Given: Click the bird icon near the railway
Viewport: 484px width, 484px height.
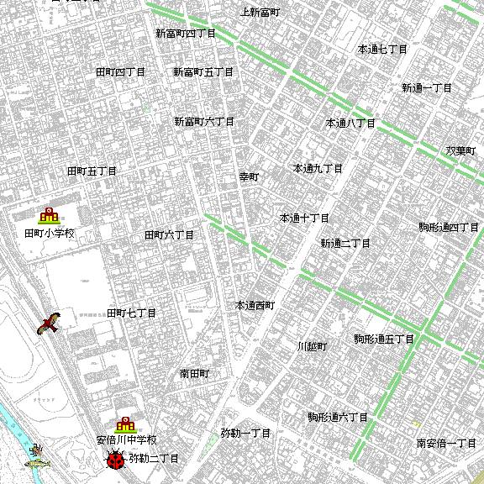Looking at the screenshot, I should (50, 323).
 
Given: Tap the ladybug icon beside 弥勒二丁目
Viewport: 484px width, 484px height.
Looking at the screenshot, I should (115, 460).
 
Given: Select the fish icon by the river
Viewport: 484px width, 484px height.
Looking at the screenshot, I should (37, 460).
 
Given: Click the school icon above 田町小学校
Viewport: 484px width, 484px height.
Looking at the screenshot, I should (49, 216).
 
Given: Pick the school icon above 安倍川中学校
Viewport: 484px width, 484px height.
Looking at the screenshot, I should (126, 425).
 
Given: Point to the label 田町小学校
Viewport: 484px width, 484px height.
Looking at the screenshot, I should (49, 233).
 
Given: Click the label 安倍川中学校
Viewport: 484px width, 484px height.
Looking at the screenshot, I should (126, 440).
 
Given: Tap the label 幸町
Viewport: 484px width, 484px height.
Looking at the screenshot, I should (250, 177).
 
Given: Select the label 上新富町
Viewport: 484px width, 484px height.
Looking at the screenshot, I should (260, 13).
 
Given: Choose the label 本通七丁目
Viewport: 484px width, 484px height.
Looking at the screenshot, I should (382, 50).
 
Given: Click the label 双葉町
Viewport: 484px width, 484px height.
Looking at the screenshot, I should (460, 151).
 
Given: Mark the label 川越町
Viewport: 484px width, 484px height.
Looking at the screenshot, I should (312, 346).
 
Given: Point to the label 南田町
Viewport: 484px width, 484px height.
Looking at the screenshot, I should (194, 373).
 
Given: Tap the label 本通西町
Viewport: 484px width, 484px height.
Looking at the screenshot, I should (255, 306).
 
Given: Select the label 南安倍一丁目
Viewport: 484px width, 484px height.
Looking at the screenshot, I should (446, 443).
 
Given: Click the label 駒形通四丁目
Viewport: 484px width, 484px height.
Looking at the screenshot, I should (449, 228).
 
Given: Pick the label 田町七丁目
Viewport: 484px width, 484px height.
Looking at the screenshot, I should (131, 313).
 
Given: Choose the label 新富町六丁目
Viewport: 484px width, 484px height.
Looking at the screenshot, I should (204, 122).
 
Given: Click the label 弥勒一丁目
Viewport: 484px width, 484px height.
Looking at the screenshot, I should (245, 434).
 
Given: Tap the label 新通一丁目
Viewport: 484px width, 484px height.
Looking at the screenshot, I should (426, 88).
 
